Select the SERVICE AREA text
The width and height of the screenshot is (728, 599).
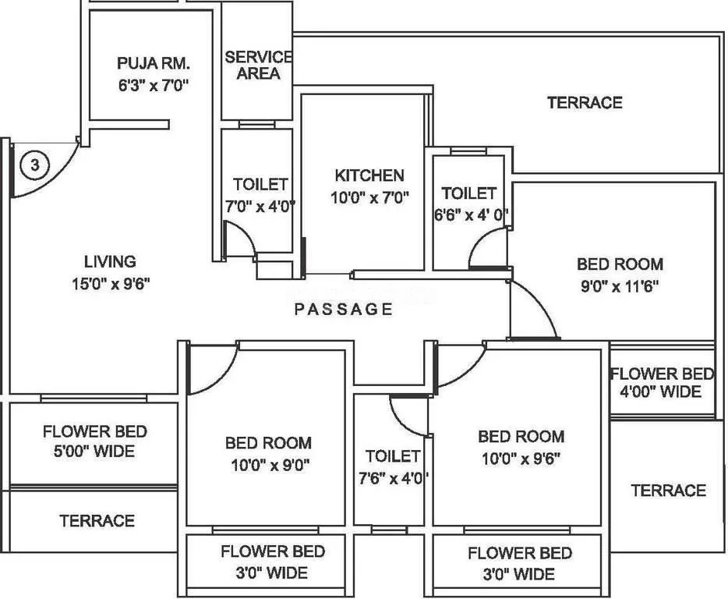tap(258, 66)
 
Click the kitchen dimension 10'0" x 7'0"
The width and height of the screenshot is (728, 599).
tap(369, 197)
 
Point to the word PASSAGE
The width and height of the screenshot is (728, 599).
tap(344, 310)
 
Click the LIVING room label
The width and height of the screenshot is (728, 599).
tap(110, 262)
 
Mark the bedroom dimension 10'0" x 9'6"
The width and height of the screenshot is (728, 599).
tap(520, 457)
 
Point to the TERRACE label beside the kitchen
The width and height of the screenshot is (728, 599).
tap(584, 103)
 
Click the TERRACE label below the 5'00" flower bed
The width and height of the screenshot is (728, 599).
tap(97, 520)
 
